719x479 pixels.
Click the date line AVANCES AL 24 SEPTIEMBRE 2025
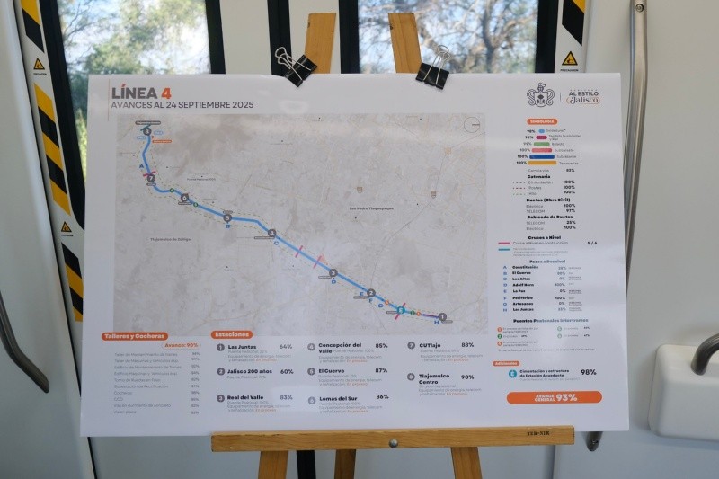click(x=182, y=105)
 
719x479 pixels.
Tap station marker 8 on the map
click(x=146, y=131)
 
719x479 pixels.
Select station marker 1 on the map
click(x=441, y=316)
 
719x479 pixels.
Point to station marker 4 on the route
click(x=271, y=234)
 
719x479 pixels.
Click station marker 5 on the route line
click(x=227, y=217)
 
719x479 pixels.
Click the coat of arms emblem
click(x=539, y=95)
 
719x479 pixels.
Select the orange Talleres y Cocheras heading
click(x=135, y=336)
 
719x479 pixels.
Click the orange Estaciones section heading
click(x=233, y=334)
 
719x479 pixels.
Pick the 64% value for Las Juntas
click(x=286, y=346)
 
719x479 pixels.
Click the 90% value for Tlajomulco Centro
click(x=467, y=377)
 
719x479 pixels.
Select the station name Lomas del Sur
click(x=338, y=396)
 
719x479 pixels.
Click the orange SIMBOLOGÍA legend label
click(x=542, y=121)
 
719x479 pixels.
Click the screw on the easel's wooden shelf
click(x=392, y=442)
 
